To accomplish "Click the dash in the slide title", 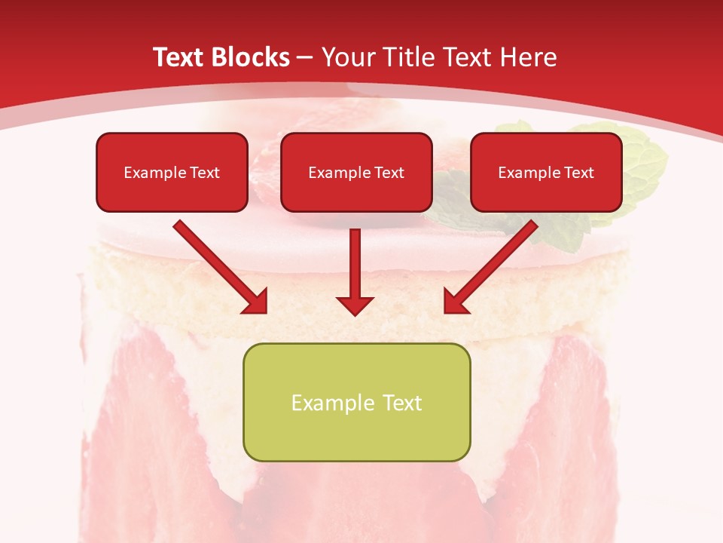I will point(305,58).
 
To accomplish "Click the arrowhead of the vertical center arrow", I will point(355,305).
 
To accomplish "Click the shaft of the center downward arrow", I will point(355,260).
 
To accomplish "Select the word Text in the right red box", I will point(579,173).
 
